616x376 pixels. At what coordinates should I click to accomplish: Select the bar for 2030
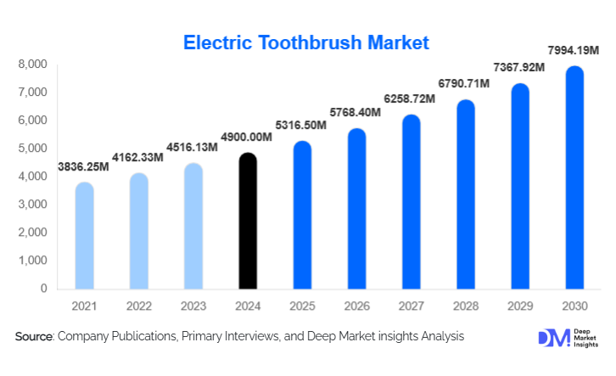(575, 177)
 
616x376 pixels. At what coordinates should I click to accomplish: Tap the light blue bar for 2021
(84, 235)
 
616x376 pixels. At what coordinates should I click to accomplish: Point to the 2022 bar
(138, 231)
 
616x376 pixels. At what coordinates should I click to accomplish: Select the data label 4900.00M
(247, 137)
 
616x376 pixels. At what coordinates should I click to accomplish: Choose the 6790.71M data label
(466, 86)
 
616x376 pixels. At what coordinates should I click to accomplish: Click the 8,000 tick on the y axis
(33, 65)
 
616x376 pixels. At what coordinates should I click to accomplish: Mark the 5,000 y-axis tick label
(33, 149)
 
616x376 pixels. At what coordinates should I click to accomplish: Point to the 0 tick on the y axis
(43, 289)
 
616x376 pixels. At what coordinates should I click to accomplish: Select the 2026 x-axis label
(356, 305)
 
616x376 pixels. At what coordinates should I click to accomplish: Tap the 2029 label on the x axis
(520, 305)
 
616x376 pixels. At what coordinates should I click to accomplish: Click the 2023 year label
(193, 305)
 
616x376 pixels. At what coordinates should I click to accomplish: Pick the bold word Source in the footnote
(34, 337)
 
